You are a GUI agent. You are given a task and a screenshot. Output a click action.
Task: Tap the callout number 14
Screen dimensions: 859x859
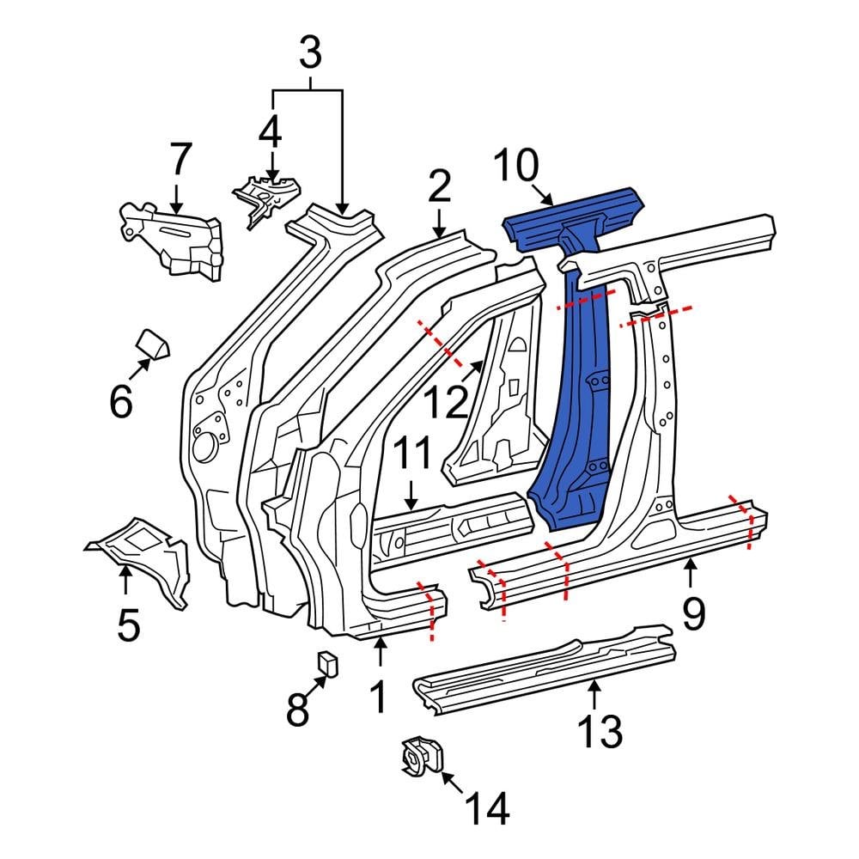tap(486, 808)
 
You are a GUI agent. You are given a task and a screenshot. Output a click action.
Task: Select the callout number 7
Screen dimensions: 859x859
tap(179, 161)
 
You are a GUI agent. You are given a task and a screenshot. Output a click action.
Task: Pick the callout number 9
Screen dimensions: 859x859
tap(693, 612)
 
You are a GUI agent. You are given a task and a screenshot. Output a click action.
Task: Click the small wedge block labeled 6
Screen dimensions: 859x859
tap(153, 344)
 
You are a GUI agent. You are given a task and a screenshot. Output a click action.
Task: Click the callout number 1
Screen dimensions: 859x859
tap(379, 698)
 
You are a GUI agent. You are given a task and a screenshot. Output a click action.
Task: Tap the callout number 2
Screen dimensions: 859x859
tap(439, 186)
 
